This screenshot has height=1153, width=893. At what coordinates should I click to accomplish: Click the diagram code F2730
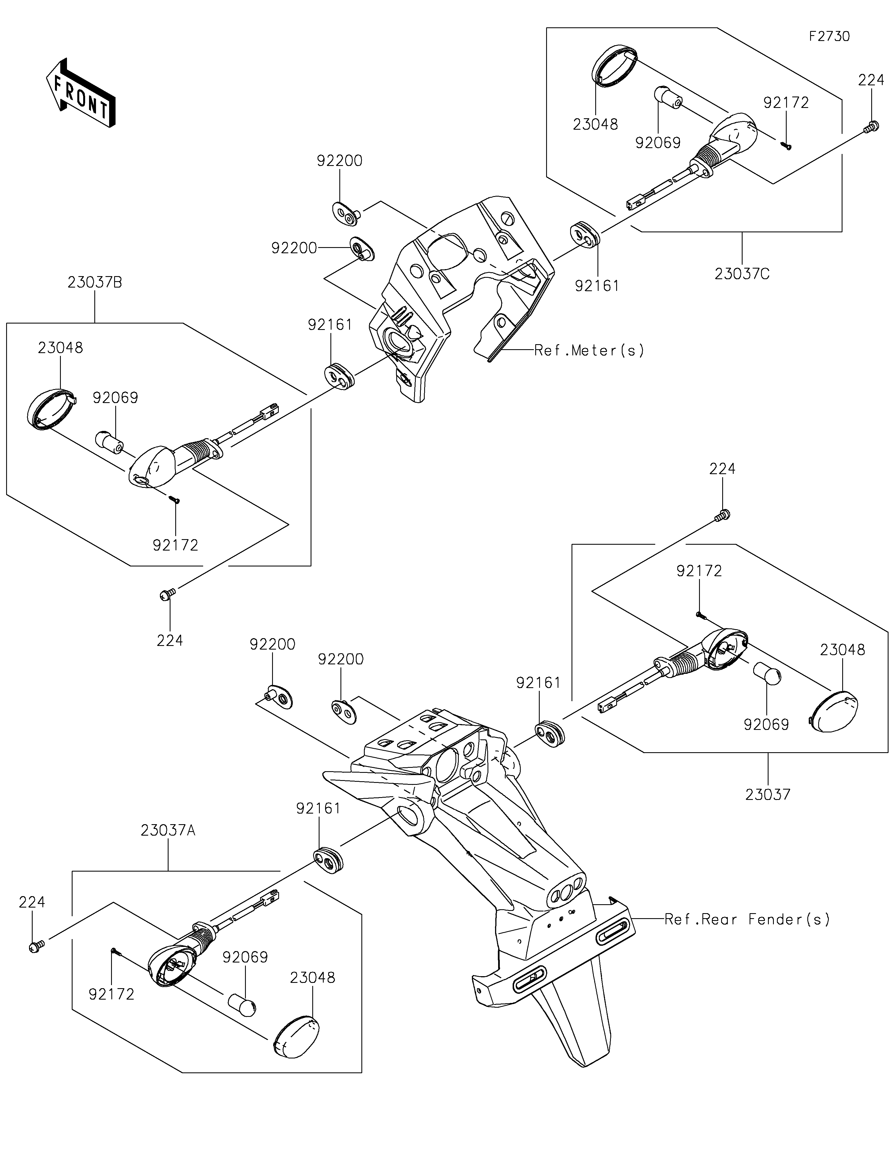829,37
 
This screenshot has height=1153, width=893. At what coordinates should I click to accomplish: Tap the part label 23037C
742,274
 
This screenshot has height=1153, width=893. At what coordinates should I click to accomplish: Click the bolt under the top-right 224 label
871,127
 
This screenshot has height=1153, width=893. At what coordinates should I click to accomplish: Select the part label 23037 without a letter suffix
768,794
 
